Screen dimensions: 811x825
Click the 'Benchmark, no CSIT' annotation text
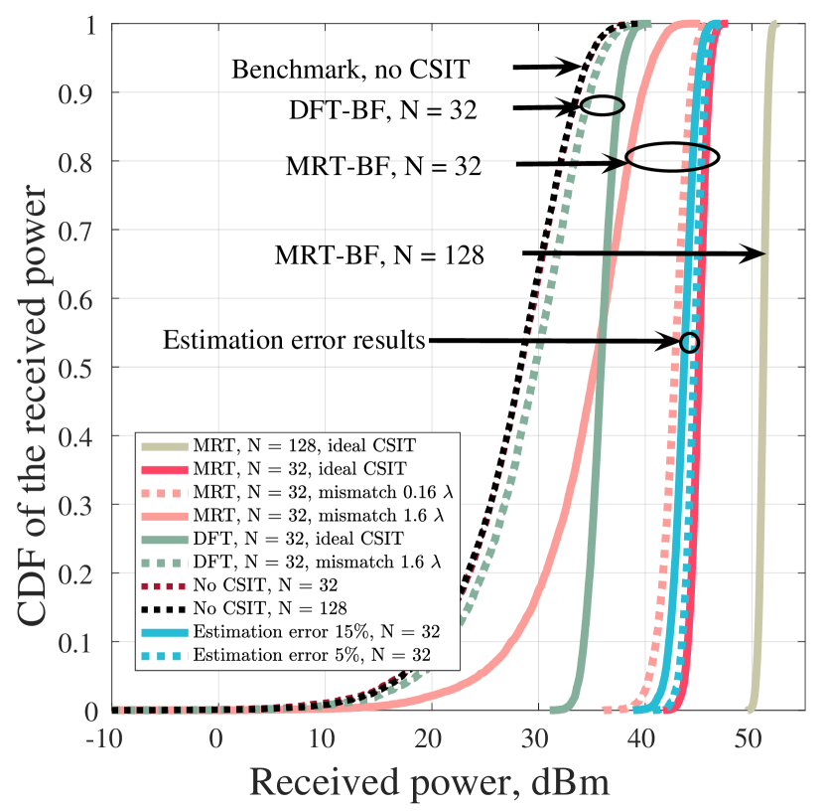pyautogui.click(x=349, y=70)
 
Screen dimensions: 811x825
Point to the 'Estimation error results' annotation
pyautogui.click(x=294, y=341)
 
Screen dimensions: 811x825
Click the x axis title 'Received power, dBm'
pyautogui.click(x=429, y=782)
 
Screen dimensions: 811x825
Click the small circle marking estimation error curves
pyautogui.click(x=690, y=342)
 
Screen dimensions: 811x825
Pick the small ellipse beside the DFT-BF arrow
pyautogui.click(x=603, y=105)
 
